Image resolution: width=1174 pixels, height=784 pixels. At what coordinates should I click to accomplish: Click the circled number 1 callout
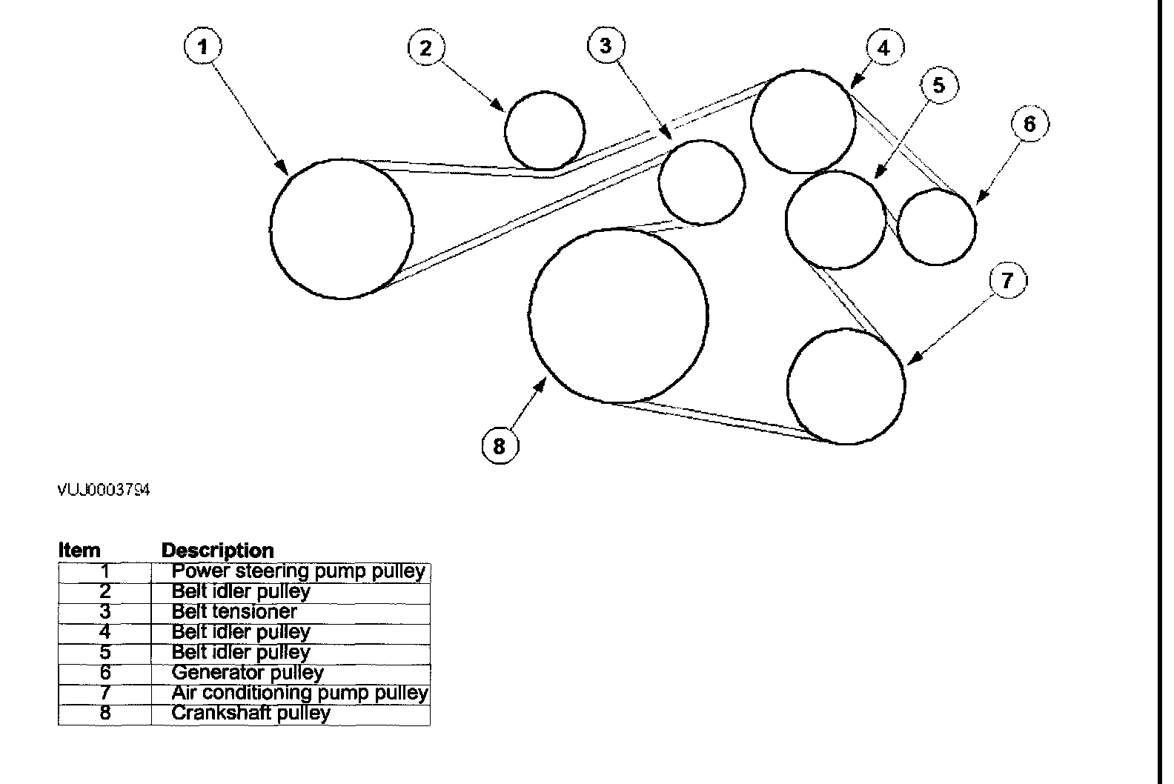pos(202,47)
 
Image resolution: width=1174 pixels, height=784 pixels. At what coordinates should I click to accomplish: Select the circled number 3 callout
pos(606,46)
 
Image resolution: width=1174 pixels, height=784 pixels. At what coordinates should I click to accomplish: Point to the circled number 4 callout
pos(883,48)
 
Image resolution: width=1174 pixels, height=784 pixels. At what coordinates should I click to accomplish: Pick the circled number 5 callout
pos(938,85)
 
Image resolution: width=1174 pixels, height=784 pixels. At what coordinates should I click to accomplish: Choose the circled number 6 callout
pos(1029,124)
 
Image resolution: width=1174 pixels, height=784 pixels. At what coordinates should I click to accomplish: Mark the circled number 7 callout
pos(1006,280)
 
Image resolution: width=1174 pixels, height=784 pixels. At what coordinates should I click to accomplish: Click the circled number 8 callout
pos(499,446)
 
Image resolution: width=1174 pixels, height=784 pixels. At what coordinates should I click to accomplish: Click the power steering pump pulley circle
pos(342,228)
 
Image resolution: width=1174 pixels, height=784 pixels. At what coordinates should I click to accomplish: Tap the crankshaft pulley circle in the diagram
pos(618,316)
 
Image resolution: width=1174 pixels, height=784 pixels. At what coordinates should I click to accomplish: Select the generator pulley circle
pos(937,227)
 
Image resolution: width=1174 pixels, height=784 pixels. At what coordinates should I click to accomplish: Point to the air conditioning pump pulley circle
pos(846,386)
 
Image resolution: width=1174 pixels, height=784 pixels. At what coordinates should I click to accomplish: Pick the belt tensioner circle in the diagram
pos(701,182)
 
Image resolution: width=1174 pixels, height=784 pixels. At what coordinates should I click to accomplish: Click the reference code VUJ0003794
pos(104,491)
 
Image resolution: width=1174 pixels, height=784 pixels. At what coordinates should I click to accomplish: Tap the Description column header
pos(217,551)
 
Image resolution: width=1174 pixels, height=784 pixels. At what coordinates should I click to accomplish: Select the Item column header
pos(79,551)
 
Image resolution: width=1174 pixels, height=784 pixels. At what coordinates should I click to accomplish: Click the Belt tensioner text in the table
pos(233,612)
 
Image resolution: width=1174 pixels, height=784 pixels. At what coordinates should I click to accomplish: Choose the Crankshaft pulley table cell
pos(251,714)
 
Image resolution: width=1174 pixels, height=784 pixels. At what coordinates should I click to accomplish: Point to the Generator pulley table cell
pos(248,673)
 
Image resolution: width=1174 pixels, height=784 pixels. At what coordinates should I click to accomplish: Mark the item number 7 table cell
pos(105,693)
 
